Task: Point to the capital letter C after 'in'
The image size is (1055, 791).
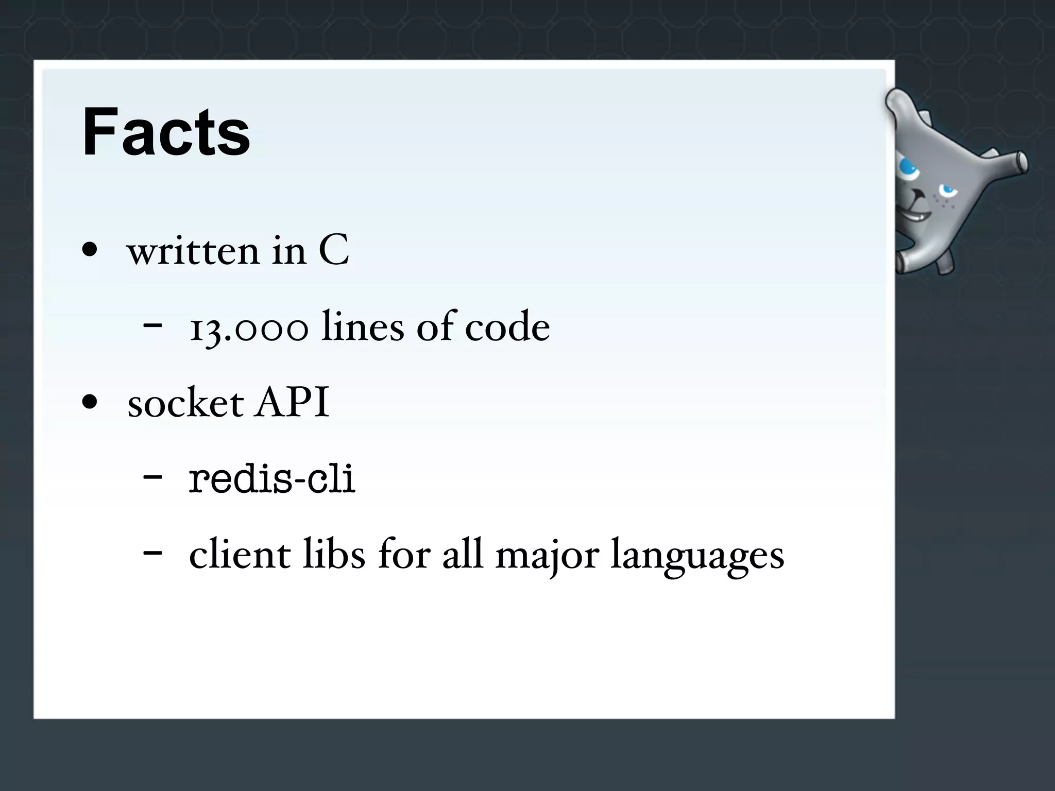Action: pos(334,251)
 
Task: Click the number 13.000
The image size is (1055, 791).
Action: pos(249,328)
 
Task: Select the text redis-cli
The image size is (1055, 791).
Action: pos(272,479)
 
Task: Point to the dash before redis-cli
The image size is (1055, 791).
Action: pos(152,477)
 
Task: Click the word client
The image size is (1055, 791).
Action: pos(240,555)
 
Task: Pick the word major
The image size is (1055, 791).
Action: pos(547,556)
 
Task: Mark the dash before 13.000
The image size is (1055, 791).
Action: pos(152,326)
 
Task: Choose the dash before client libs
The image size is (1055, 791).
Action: pos(152,553)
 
